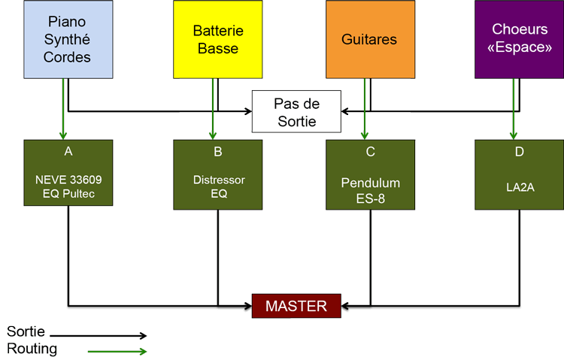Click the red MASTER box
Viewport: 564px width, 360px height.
296,306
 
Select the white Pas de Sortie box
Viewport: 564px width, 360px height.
296,112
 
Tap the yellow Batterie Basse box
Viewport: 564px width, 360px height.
217,39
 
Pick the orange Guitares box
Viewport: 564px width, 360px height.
369,39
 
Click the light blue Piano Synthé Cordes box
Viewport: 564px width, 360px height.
68,39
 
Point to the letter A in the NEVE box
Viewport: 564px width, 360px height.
68,151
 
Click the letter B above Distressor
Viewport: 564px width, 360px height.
218,151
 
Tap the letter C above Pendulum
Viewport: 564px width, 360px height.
370,151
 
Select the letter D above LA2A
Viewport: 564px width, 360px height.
520,151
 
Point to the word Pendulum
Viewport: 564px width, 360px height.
370,183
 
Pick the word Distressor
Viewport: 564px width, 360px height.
218,180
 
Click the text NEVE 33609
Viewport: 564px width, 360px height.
68,180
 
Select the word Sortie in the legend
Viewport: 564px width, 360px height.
26,331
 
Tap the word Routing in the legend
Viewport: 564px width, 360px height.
32,349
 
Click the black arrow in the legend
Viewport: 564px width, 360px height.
98,336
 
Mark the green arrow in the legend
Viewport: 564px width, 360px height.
117,351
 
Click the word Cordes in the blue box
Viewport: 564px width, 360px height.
67,57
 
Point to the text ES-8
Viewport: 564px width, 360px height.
370,198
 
